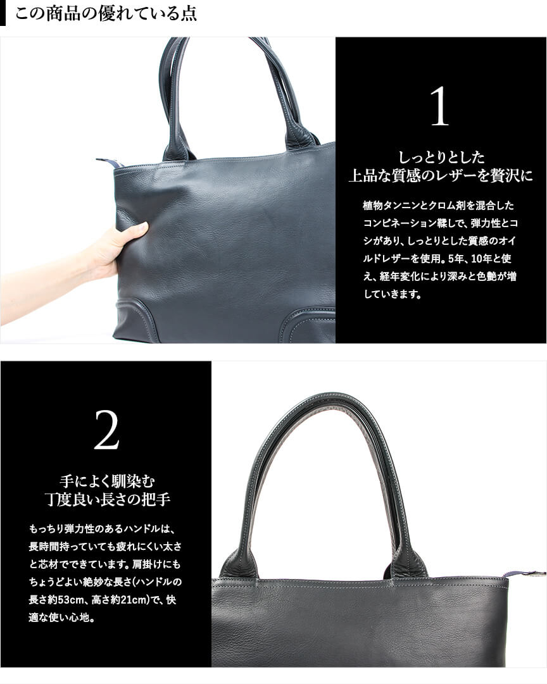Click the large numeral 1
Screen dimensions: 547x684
[x=439, y=106]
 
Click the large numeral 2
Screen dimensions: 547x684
[x=106, y=430]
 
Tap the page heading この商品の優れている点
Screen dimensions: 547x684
[x=106, y=13]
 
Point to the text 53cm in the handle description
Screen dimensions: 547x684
[x=70, y=600]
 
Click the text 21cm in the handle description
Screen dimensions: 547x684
[x=133, y=600]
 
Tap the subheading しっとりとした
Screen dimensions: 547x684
[x=441, y=157]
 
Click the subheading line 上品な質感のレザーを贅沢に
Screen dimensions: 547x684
[x=441, y=176]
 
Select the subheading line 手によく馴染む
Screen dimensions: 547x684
[x=107, y=482]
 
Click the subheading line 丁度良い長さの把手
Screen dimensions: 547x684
[x=107, y=500]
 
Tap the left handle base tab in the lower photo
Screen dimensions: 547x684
[x=236, y=563]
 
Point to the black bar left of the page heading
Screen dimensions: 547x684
[x=3, y=13]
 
